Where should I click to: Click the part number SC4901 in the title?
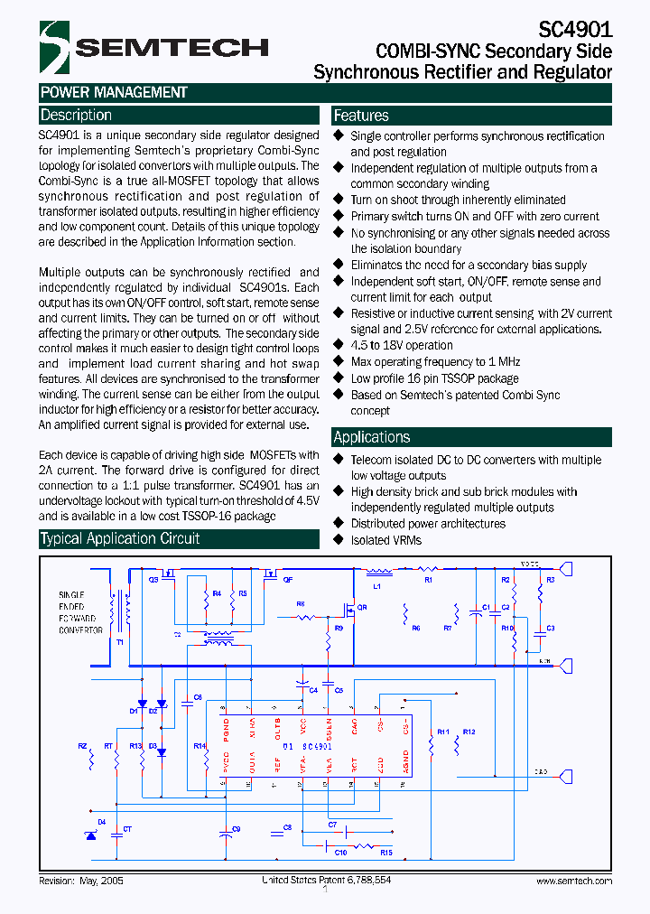[576, 29]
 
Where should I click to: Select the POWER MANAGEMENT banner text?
[114, 92]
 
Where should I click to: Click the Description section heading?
[77, 116]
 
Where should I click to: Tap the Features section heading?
[361, 116]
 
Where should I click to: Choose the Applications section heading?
[371, 437]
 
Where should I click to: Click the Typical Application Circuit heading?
[120, 539]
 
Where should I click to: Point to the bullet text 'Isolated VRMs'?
[385, 540]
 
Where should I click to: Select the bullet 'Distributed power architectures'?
[428, 524]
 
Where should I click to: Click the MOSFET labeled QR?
[349, 608]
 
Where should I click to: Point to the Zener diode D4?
[90, 835]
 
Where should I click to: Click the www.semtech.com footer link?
[573, 881]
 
